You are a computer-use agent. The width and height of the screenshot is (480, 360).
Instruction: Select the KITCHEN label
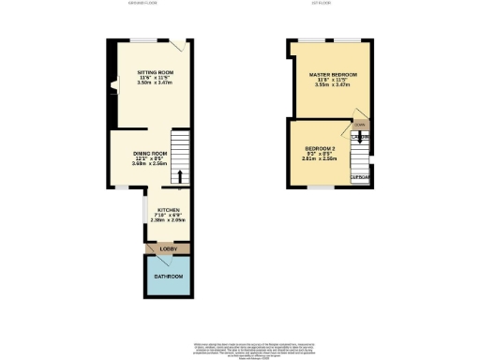coord(168,211)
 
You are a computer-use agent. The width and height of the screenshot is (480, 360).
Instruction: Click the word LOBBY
coord(168,248)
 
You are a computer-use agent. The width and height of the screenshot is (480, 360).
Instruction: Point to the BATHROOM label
coord(168,277)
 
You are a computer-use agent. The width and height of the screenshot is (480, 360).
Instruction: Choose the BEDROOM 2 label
coord(321,148)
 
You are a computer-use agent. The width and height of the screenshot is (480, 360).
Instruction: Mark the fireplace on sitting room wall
coord(113,87)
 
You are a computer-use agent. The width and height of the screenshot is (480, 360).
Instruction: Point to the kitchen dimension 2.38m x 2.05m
coord(168,221)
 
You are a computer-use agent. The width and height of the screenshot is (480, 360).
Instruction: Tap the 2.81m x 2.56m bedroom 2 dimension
coord(321,159)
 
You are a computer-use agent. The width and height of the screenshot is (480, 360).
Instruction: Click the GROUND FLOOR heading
coord(143,4)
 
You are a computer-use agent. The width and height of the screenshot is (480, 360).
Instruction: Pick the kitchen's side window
coord(143,209)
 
